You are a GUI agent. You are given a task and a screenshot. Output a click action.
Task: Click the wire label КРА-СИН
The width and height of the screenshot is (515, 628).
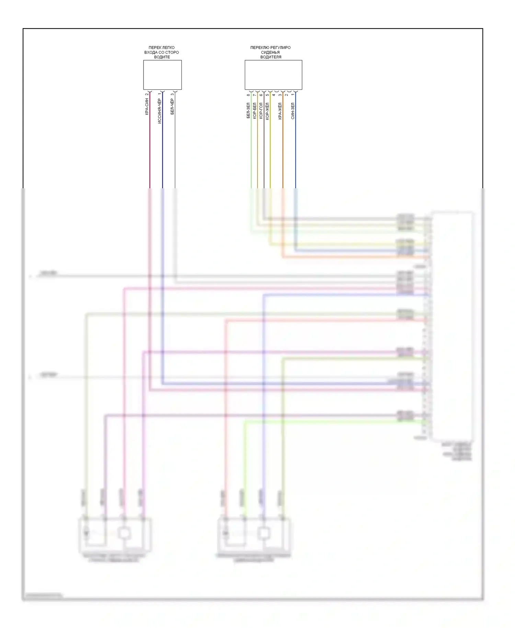click(147, 106)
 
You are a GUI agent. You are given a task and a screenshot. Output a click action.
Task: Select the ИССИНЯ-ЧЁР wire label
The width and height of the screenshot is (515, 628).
click(159, 111)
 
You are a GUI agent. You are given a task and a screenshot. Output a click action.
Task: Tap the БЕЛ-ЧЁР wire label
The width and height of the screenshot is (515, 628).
click(172, 106)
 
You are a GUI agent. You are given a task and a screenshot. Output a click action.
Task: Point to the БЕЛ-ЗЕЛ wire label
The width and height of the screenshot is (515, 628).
click(248, 111)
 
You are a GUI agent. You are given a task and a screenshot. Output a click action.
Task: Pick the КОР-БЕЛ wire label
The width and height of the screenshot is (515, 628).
click(254, 111)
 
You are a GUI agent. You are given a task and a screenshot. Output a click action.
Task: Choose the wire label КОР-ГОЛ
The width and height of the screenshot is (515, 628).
click(261, 111)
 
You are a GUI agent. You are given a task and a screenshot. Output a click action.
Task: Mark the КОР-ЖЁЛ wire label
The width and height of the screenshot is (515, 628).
click(267, 111)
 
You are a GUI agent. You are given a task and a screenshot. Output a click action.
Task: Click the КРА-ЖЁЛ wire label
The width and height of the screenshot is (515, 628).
click(280, 111)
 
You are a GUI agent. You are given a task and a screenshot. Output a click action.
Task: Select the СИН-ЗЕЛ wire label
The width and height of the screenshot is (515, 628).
click(293, 111)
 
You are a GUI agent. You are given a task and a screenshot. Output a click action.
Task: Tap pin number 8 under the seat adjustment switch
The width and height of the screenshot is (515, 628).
click(248, 95)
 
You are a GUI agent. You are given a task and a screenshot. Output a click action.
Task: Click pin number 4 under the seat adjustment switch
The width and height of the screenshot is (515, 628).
click(274, 95)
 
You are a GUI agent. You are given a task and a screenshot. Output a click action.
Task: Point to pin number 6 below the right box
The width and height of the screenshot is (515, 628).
click(261, 95)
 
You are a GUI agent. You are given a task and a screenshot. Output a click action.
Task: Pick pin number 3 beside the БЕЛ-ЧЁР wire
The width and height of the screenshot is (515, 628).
click(172, 94)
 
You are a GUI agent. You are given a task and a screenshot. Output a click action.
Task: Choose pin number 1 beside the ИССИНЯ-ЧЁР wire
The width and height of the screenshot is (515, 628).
click(159, 94)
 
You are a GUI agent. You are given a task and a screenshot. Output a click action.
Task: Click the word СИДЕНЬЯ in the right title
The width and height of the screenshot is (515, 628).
click(270, 53)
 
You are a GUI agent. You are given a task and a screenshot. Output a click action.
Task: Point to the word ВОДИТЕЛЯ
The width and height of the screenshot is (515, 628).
click(271, 57)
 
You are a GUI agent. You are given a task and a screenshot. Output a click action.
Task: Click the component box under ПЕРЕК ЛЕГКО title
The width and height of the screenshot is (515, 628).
click(162, 75)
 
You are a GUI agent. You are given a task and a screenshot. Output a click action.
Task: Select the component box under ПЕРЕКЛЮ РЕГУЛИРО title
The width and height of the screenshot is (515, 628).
click(273, 75)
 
